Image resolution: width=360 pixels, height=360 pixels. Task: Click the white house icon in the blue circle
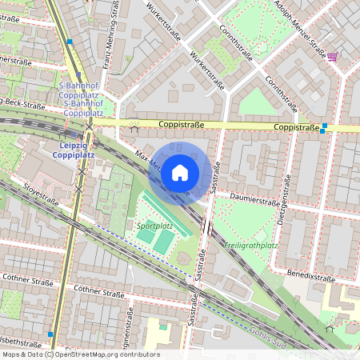click(180, 172)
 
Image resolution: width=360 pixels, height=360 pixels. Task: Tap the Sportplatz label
click(155, 226)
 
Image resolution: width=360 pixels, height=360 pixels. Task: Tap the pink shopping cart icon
click(332, 57)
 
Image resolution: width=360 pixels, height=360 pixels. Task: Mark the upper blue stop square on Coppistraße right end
click(325, 126)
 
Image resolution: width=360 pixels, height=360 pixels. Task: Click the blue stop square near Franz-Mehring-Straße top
click(70, 42)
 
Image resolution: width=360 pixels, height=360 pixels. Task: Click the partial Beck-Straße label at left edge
click(22, 104)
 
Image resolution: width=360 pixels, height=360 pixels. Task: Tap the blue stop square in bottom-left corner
click(50, 334)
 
